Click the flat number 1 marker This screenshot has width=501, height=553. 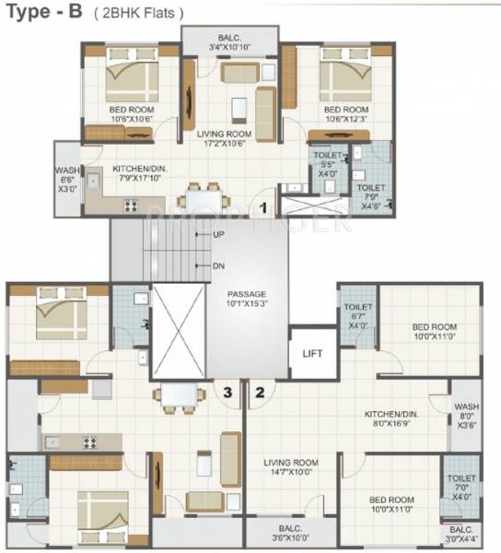pos(263,208)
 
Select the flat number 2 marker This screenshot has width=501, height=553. pos(260,392)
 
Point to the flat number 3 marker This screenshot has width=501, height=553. pos(227,392)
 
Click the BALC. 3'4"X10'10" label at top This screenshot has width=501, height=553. pos(229,42)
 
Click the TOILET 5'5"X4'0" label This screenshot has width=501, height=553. pos(327,163)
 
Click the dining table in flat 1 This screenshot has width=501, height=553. pos(204,198)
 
